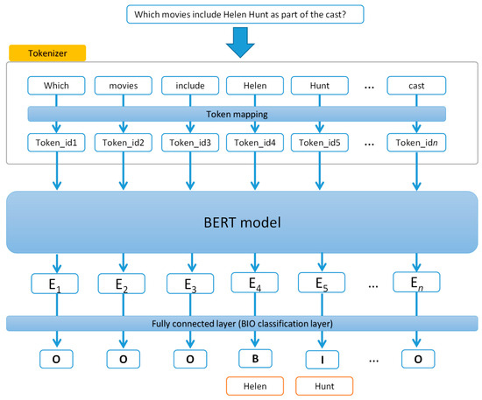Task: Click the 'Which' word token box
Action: [54, 86]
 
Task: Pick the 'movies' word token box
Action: [121, 86]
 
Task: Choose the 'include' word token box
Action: [188, 86]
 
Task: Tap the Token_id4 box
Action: [253, 142]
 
